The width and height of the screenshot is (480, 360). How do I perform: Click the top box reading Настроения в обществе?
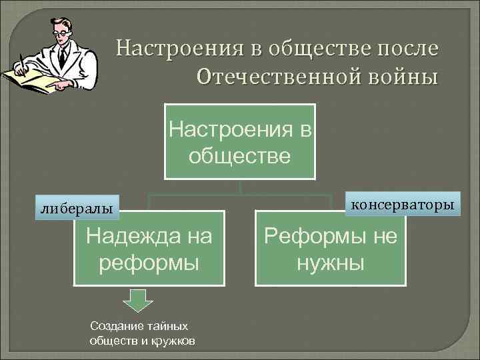coord(239,141)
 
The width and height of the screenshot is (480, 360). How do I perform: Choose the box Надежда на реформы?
coord(149,248)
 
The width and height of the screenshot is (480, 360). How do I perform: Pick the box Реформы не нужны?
coord(330,248)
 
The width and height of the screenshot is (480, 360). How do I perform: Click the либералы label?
coord(75,209)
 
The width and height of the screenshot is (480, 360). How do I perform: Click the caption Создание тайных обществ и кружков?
coord(142,333)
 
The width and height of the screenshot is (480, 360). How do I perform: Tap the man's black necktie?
coord(61,56)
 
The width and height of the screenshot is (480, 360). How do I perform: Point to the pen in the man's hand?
coord(23,63)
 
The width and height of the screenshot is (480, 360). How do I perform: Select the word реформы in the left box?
coord(149,262)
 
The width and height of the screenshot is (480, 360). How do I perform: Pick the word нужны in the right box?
coord(330,262)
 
